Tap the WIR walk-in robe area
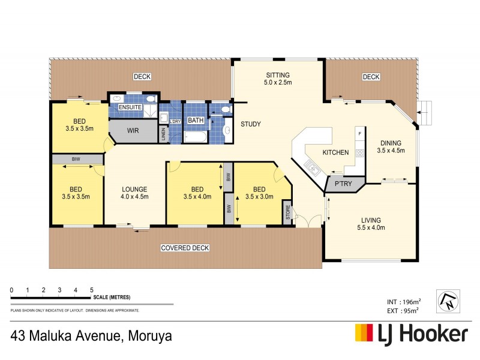pyautogui.click(x=133, y=130)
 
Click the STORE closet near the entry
pyautogui.click(x=287, y=212)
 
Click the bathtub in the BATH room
pyautogui.click(x=196, y=137)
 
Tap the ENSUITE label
pyautogui.click(x=130, y=107)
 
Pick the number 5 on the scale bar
pyautogui.click(x=91, y=290)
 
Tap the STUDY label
pyautogui.click(x=250, y=124)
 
